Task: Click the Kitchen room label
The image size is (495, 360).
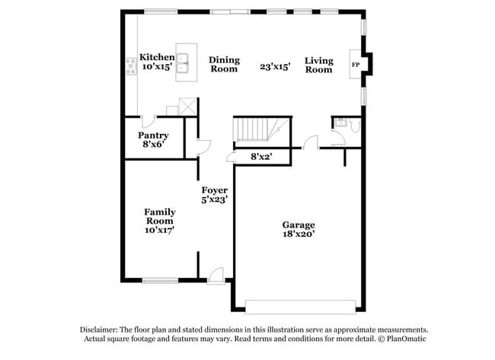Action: (x=157, y=58)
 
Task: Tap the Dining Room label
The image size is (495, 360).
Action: (x=225, y=65)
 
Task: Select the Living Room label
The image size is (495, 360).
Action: (x=318, y=65)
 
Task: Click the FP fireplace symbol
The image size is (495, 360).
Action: (x=355, y=65)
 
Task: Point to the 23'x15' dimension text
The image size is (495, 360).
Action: (x=276, y=68)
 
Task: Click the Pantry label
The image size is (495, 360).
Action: (x=153, y=135)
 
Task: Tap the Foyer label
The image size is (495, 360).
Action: (x=215, y=190)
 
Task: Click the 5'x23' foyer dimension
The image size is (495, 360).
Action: (x=215, y=199)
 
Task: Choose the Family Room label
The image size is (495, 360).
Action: (x=160, y=216)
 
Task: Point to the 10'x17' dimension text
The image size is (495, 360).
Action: (x=160, y=231)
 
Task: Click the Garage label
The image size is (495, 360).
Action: (x=299, y=225)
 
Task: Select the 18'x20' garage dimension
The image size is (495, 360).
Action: (x=299, y=234)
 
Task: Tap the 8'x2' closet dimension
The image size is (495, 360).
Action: (x=261, y=158)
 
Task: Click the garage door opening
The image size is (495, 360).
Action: (x=301, y=306)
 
